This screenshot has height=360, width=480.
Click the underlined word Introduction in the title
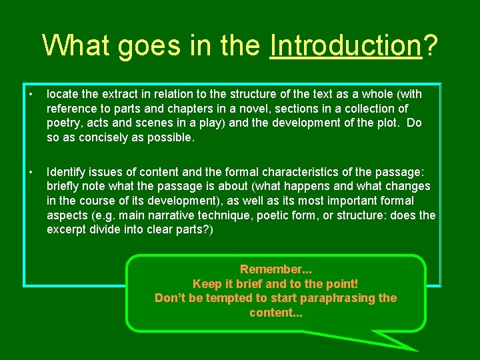[346, 45]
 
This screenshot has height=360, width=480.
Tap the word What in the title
[76, 45]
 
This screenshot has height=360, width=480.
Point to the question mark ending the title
[431, 45]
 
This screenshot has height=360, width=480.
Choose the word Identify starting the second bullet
[66, 172]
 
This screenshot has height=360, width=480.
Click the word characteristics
[300, 172]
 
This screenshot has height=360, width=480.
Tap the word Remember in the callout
[271, 269]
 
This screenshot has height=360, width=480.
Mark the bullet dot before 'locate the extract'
[31, 94]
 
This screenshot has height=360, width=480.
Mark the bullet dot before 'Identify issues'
[31, 173]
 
